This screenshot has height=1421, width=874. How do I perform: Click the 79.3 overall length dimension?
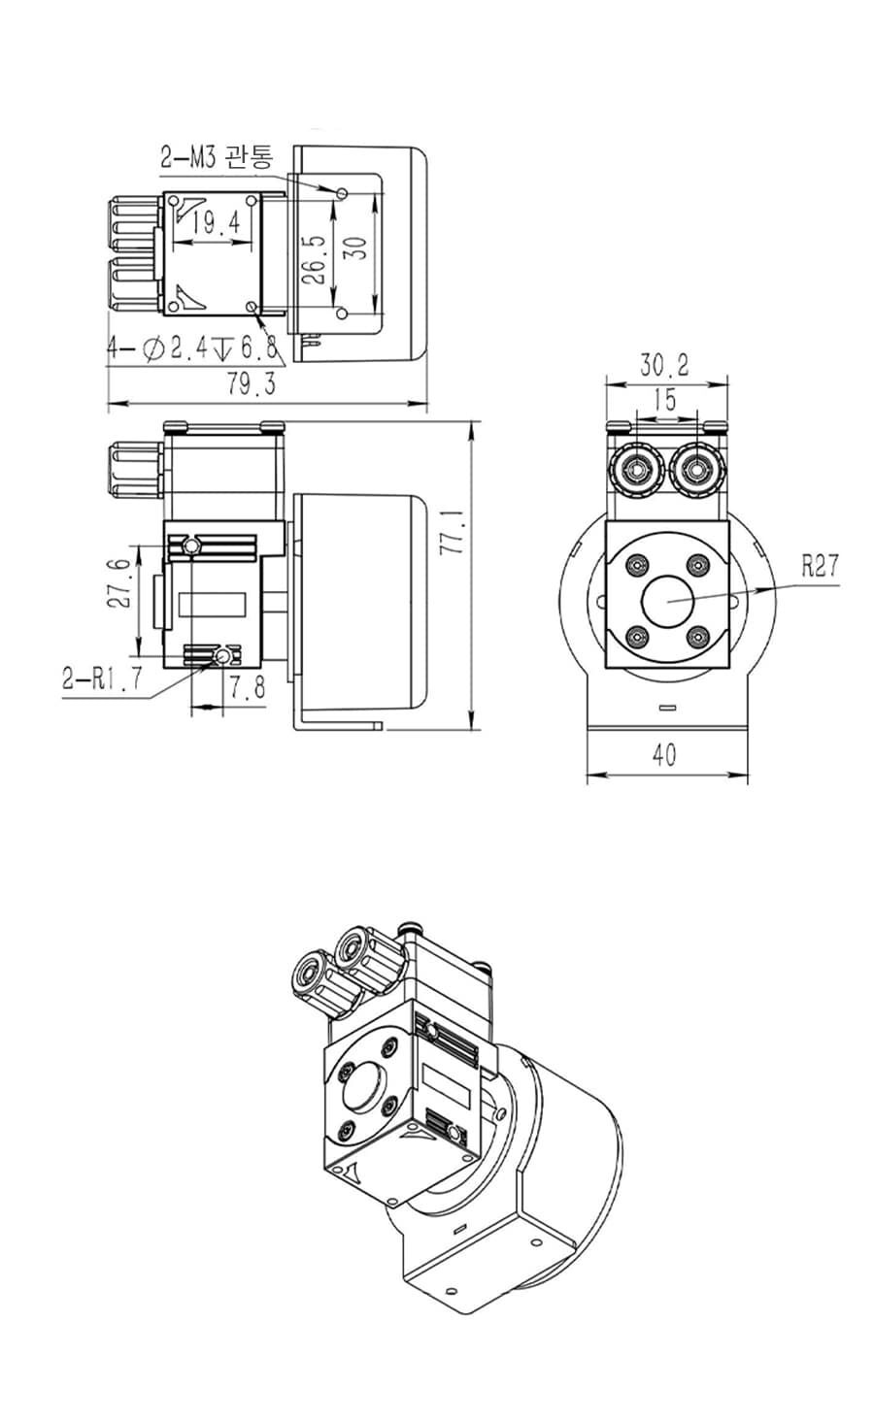252,383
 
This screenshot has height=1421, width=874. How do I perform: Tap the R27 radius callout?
820,565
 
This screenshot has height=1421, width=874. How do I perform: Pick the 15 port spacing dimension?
664,400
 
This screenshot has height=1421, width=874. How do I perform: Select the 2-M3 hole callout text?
216,156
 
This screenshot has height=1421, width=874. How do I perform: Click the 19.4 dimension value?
218,222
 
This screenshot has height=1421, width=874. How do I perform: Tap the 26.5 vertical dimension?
317,259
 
